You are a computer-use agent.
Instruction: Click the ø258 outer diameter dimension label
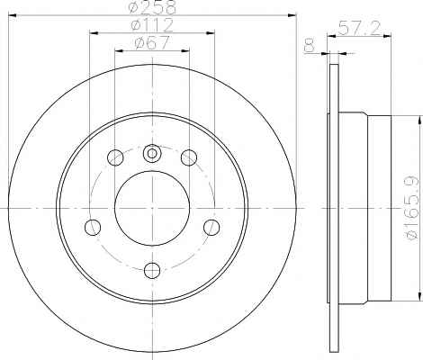151,7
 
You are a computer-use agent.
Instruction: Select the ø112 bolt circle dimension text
152,25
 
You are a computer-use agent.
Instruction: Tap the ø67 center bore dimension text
152,42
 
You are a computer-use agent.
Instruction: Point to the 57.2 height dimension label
359,28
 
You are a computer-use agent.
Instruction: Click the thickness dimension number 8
309,45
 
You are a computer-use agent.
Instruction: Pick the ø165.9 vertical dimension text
412,208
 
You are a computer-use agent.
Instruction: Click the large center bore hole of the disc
152,208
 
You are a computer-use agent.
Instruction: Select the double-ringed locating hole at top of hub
152,154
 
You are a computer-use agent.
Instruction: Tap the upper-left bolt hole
115,157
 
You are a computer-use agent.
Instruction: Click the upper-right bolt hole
189,157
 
